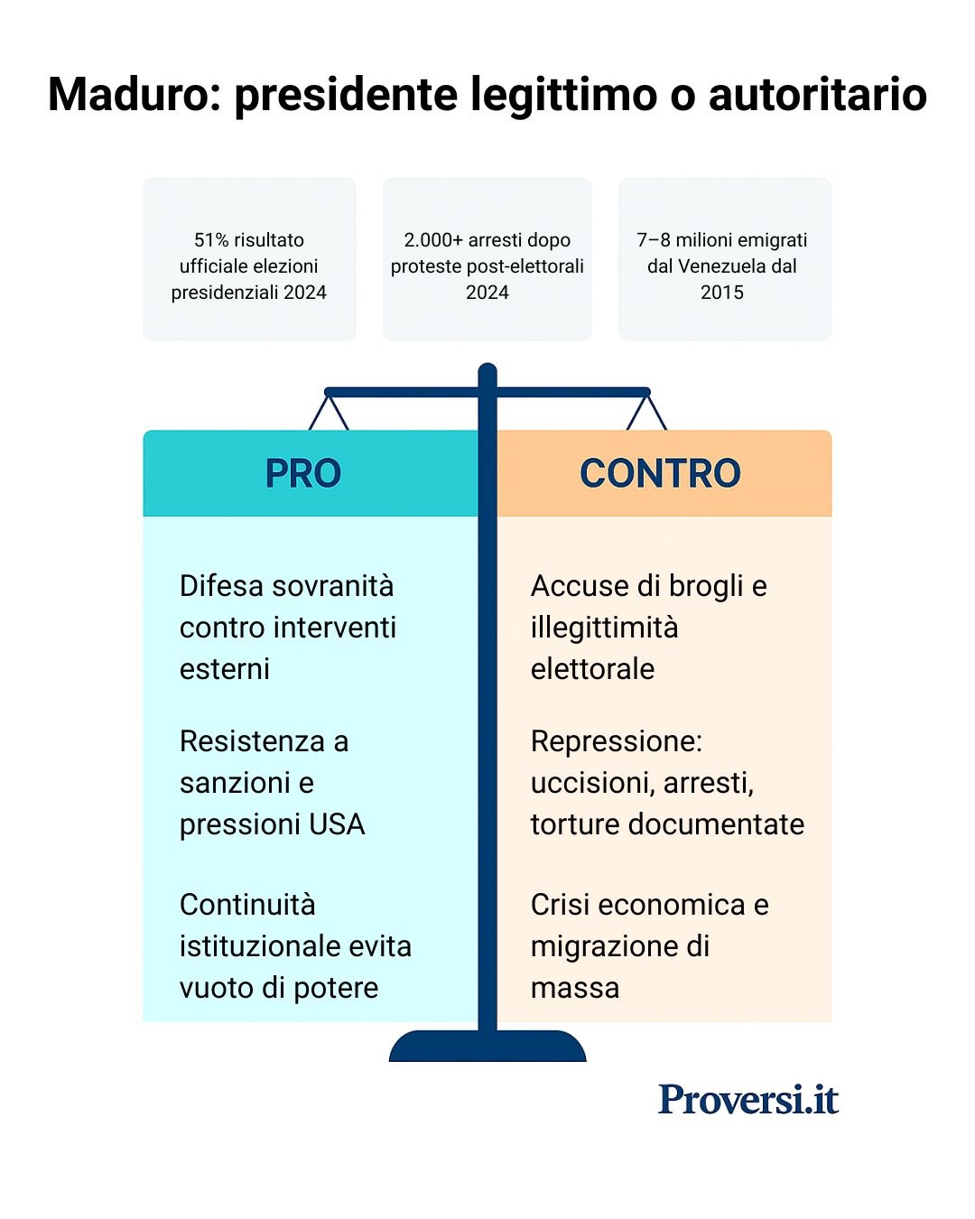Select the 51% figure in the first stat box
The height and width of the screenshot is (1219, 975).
(211, 240)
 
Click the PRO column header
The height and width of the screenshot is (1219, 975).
(303, 473)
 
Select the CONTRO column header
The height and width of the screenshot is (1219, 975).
(661, 473)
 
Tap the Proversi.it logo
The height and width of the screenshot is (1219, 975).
(748, 1099)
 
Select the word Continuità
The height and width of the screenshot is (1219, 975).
(247, 905)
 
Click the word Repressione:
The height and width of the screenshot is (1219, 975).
(617, 741)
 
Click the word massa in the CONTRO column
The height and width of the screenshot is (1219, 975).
(575, 988)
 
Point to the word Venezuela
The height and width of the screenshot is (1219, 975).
(721, 266)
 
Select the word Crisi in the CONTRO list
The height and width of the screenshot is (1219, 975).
(560, 905)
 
